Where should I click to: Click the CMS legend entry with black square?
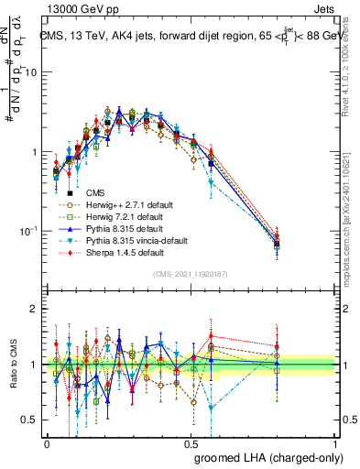[95, 193]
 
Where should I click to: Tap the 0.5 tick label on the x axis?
[191, 442]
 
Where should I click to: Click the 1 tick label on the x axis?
[335, 442]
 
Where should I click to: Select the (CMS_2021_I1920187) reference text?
[191, 273]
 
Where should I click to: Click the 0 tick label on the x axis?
[47, 442]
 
